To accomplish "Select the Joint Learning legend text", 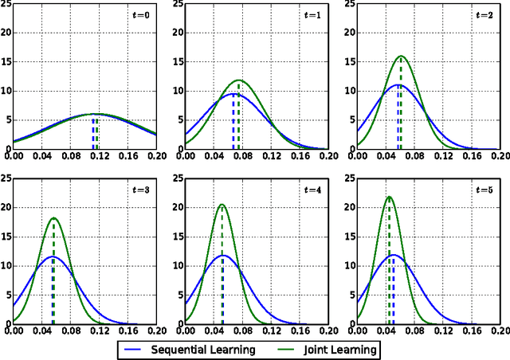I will coord(337,349).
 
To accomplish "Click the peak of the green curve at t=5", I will coord(390,197).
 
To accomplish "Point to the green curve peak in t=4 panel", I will coord(221,204).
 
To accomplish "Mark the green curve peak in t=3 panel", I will coord(53,217).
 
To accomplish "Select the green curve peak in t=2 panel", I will coord(401,56).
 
